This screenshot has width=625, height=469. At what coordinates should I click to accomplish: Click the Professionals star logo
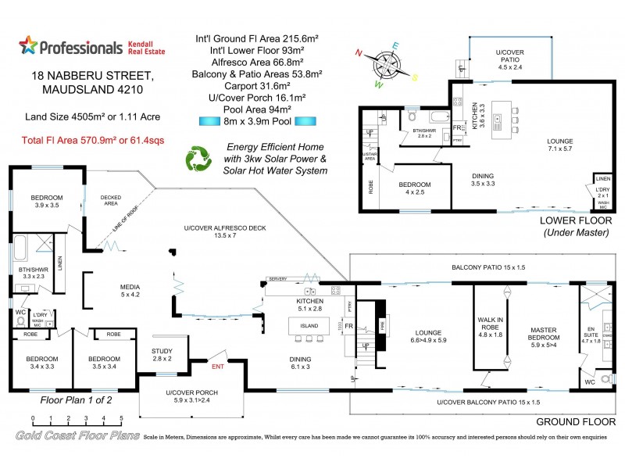28,46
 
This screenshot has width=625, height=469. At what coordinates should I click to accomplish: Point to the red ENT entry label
218,364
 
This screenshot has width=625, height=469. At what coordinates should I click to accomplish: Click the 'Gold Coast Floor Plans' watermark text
77,435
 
